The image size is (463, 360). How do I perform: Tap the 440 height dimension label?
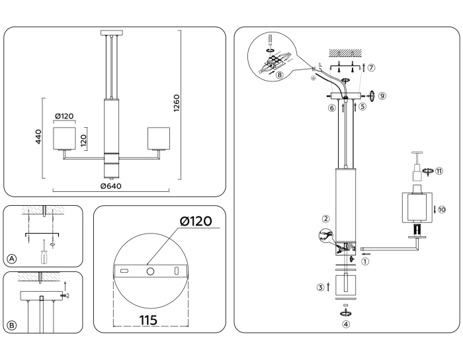click(x=39, y=137)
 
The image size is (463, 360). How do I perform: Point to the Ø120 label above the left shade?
click(x=64, y=116)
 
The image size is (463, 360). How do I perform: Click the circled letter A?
click(x=11, y=258)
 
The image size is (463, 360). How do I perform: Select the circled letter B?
click(x=11, y=325)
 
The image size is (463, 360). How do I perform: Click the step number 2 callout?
click(x=325, y=219)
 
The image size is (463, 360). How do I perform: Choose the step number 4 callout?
click(x=346, y=324)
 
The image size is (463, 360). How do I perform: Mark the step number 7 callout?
click(x=371, y=67)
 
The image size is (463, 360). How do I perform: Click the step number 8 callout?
click(x=280, y=75)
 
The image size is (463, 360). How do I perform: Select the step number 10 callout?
click(x=441, y=209)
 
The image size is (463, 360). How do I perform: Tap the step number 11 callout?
click(x=439, y=170)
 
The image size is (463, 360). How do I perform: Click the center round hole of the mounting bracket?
click(x=150, y=271)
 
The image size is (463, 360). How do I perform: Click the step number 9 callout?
click(x=382, y=95)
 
